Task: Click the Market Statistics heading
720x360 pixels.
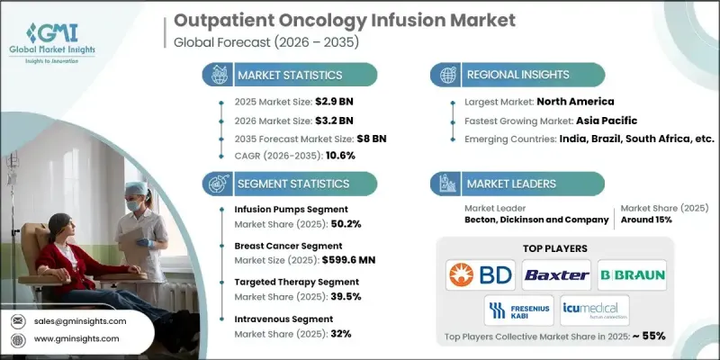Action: pyautogui.click(x=289, y=74)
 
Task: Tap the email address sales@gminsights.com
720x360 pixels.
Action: pyautogui.click(x=80, y=320)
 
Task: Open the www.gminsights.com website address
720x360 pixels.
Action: pyautogui.click(x=78, y=338)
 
